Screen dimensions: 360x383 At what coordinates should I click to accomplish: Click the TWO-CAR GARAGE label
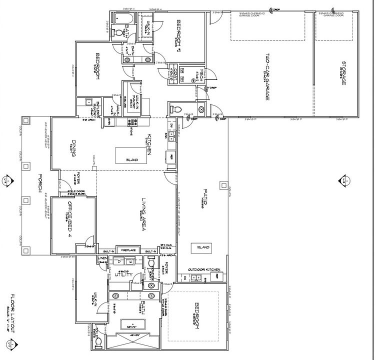point(268,77)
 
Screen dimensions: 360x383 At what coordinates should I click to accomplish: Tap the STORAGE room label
point(344,74)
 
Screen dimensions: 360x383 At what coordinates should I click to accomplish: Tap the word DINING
point(73,148)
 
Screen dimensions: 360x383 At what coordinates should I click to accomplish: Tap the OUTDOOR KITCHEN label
point(204,270)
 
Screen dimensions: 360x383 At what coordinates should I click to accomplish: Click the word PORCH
point(39,184)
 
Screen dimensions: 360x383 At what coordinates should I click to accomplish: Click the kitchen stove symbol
point(133,122)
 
